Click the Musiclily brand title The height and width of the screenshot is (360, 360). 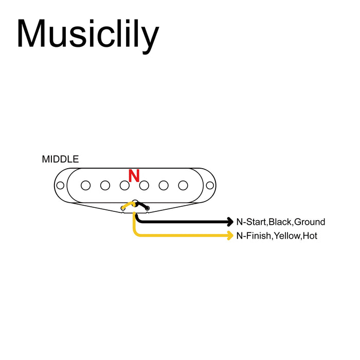coord(87,35)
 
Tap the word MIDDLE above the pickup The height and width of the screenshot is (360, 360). coord(60,159)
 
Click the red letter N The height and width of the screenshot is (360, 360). coord(134,176)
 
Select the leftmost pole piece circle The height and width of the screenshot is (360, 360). coord(86,185)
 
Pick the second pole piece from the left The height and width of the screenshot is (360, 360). coord(105,185)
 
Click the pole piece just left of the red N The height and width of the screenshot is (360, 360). coord(124,185)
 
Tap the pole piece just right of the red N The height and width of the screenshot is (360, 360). coord(144,185)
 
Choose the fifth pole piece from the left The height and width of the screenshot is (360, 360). coord(164,185)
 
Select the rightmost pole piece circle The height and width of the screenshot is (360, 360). coord(183,185)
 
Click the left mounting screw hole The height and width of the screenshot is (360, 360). coord(60,185)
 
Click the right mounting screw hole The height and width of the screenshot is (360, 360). coord(209,185)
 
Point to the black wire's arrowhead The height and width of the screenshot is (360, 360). coord(230,222)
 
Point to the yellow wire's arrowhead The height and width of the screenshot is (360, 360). coord(230,236)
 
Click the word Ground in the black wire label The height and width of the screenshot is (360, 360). coord(310,222)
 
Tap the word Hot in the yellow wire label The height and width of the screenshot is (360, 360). coord(310,236)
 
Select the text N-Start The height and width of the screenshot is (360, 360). coord(251,222)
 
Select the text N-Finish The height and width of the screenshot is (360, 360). coord(254,236)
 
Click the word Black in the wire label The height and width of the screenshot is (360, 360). coord(280,222)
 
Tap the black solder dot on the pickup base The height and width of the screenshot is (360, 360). coord(147,208)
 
